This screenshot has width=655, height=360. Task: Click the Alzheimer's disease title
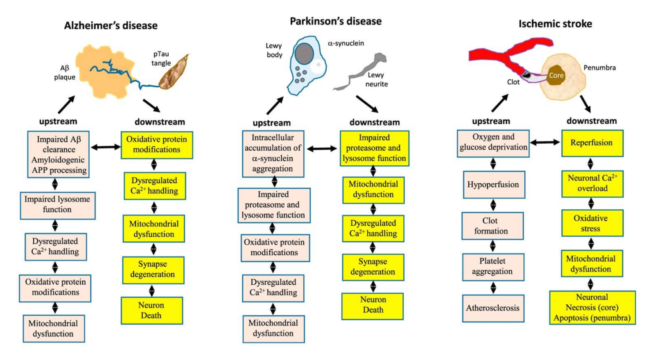tap(111, 25)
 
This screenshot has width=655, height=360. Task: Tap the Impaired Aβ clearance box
tap(59, 155)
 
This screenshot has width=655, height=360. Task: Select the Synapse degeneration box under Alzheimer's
tap(153, 270)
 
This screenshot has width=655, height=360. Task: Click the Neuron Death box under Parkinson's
tap(373, 305)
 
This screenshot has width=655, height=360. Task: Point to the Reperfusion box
tap(592, 143)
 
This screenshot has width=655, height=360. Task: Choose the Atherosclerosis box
tap(493, 308)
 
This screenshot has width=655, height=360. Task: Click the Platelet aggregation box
tap(493, 266)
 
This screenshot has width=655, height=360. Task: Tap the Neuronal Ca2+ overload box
tap(592, 183)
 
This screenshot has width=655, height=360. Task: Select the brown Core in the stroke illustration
tap(556, 75)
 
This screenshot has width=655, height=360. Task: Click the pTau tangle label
tap(161, 59)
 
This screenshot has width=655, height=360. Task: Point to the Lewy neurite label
tap(376, 80)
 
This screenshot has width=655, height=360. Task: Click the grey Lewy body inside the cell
tap(304, 54)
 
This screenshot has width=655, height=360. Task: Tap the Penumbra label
tap(599, 68)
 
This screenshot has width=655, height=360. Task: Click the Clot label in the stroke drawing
tap(513, 82)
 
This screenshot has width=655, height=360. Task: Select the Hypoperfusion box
tap(493, 184)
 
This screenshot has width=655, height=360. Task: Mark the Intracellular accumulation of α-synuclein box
tap(273, 154)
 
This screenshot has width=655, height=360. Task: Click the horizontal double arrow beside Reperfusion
tap(545, 142)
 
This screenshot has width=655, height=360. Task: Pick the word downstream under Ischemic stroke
tap(592, 121)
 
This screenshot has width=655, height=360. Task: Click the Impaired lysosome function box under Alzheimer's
tap(57, 205)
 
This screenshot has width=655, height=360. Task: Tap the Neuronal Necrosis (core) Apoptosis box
tap(592, 308)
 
